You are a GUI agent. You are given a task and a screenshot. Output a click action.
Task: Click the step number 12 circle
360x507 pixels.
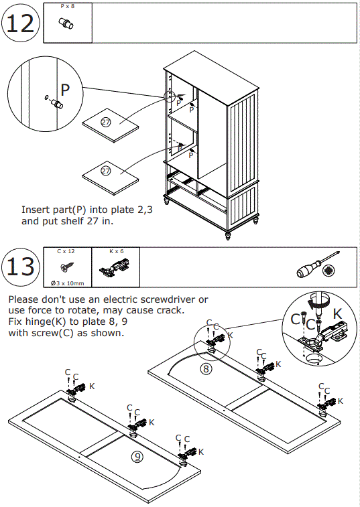tap(21, 23)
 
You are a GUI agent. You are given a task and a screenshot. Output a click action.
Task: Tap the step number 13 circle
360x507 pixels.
tap(21, 267)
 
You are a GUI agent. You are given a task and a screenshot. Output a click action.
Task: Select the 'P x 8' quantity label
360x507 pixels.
tap(68, 7)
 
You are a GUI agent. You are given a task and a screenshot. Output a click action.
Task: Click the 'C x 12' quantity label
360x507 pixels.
tap(66, 251)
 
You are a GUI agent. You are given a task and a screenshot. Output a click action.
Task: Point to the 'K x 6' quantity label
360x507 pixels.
tap(116, 251)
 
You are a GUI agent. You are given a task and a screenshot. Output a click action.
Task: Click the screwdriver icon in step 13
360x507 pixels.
tap(318, 265)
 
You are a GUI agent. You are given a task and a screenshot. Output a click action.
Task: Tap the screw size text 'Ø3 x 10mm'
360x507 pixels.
tap(67, 283)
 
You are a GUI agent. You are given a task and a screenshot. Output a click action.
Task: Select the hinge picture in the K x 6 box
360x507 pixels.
tap(115, 268)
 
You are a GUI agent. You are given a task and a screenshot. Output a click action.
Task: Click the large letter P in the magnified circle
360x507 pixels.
tap(65, 90)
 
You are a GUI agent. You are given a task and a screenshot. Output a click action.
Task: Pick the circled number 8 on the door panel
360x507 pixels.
tap(206, 368)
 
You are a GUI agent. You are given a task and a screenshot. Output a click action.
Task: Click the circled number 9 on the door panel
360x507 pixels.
tap(137, 456)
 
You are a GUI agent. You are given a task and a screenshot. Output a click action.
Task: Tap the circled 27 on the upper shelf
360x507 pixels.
tap(105, 122)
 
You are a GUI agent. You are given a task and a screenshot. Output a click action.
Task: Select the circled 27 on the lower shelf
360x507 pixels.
tap(106, 171)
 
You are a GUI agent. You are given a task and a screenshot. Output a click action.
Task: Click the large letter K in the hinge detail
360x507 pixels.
tap(337, 313)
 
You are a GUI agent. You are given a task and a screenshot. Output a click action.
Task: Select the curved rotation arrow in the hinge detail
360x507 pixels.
tap(319, 301)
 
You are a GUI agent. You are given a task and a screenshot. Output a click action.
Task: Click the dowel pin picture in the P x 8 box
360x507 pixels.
tap(66, 23)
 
